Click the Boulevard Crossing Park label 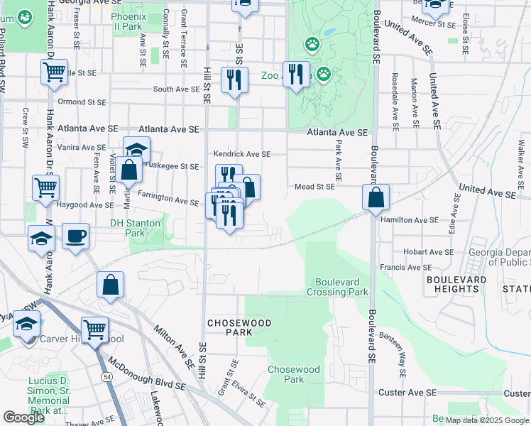(x=338, y=286)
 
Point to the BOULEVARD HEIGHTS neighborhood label (x=456, y=284)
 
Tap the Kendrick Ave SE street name (x=242, y=154)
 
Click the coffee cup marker (x=75, y=236)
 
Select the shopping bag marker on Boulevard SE (x=376, y=197)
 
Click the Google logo (x=23, y=417)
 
